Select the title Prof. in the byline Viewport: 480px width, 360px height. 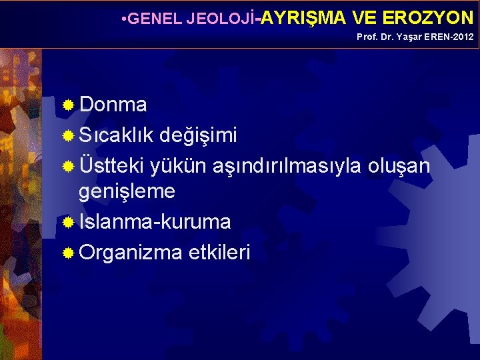(x=367, y=37)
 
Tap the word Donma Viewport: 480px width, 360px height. (x=113, y=105)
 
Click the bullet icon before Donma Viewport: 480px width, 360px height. (x=68, y=105)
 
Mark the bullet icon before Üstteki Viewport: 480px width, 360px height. (x=68, y=165)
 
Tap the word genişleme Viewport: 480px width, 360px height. (x=127, y=192)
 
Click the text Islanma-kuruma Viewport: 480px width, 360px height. (x=155, y=221)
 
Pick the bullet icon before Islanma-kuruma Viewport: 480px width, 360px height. (x=68, y=223)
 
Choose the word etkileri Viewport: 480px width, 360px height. (x=219, y=252)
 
